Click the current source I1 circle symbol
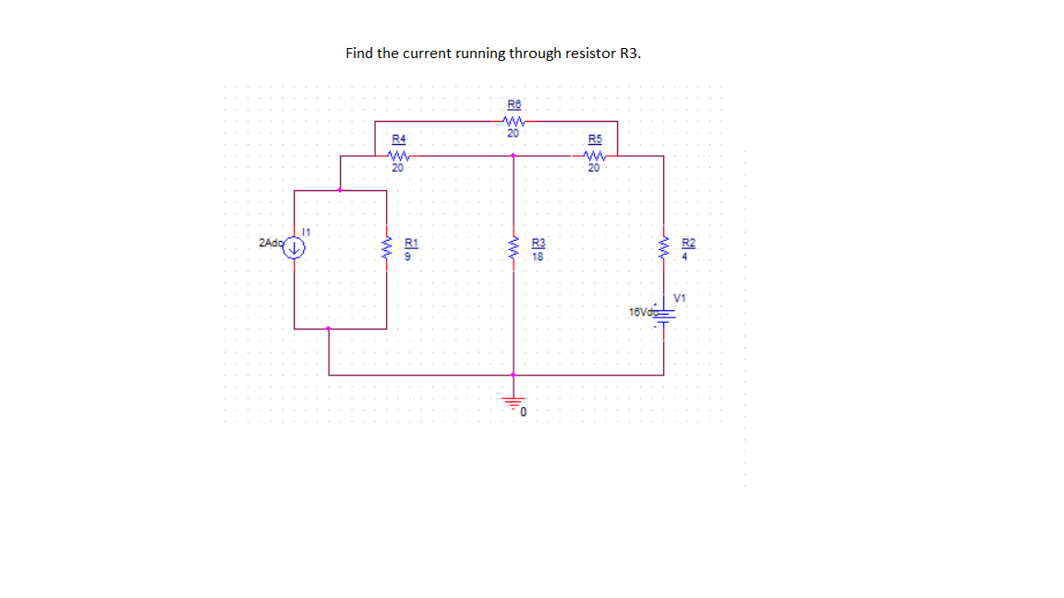tap(295, 247)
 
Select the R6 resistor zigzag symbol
tap(514, 121)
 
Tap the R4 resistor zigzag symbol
tap(398, 156)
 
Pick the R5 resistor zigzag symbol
tap(595, 156)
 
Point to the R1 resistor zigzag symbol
tap(386, 248)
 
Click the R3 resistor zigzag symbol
tap(514, 248)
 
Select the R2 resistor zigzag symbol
tap(663, 248)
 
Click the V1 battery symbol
tap(663, 312)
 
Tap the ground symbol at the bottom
tap(514, 402)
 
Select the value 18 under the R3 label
tap(538, 257)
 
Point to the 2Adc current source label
tap(272, 243)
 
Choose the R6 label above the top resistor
tap(514, 103)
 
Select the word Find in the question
tap(358, 53)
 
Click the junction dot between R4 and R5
tap(514, 156)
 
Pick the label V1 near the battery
tap(682, 297)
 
